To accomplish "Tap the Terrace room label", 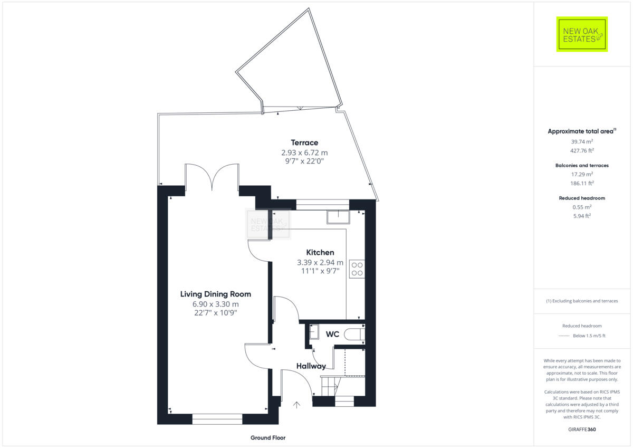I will [304, 142].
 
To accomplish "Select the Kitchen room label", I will [320, 253].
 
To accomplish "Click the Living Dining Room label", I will [215, 294].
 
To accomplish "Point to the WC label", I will [332, 334].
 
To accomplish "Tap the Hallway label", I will [311, 366].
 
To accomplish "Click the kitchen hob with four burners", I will [357, 269].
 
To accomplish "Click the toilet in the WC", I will [353, 334].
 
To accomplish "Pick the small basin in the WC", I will [314, 331].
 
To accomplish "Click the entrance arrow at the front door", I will [296, 405].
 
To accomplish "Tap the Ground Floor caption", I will [267, 438].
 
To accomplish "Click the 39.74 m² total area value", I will [581, 141].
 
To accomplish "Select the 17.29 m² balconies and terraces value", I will [581, 174].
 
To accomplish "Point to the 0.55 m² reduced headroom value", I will [581, 207].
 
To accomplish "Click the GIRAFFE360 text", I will [581, 430].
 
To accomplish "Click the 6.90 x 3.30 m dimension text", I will [215, 304].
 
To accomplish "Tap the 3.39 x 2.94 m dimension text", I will [320, 262].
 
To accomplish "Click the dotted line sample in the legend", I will [565, 336].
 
